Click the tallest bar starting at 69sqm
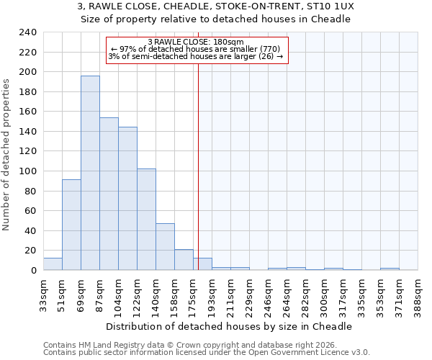click(90, 173)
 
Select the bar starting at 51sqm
click(71, 225)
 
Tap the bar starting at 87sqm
click(109, 194)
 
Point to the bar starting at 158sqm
click(184, 260)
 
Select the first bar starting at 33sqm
click(53, 264)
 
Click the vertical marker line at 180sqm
click(198, 166)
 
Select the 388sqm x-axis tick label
click(418, 295)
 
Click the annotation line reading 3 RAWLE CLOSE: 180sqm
click(196, 42)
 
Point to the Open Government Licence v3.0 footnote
click(207, 352)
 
